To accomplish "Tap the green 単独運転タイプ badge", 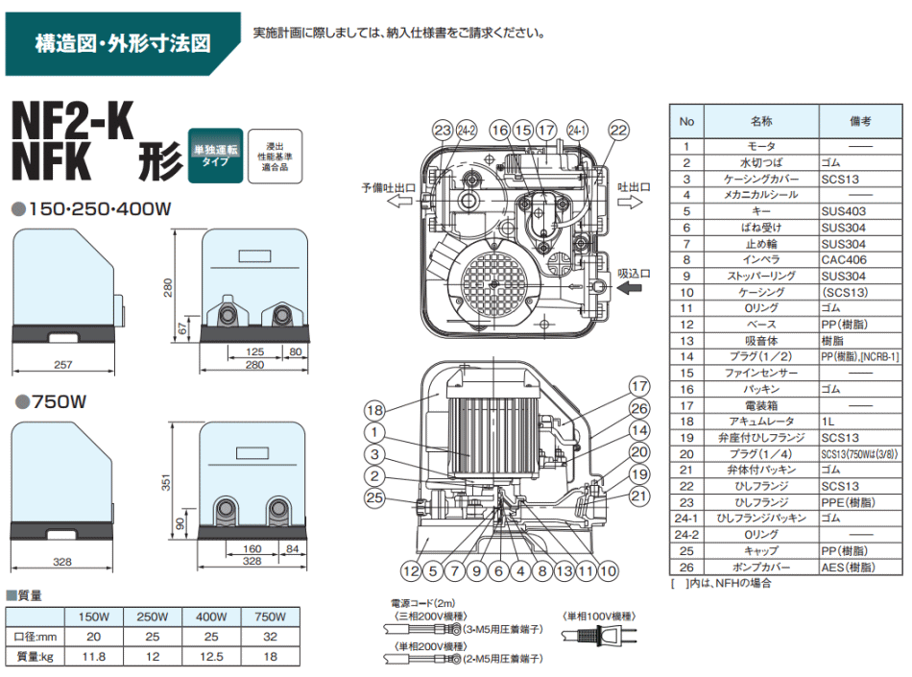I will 215,156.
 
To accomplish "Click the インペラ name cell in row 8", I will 760,259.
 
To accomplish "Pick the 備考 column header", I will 859,122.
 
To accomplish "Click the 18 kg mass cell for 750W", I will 271,656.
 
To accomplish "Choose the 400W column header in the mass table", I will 211,617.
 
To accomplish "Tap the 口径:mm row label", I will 34,637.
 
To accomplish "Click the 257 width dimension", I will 64,365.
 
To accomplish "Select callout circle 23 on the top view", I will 442,131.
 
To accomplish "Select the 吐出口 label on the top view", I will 634,187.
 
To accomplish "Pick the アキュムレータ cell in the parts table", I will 760,422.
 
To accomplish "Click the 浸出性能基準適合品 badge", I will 268,156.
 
